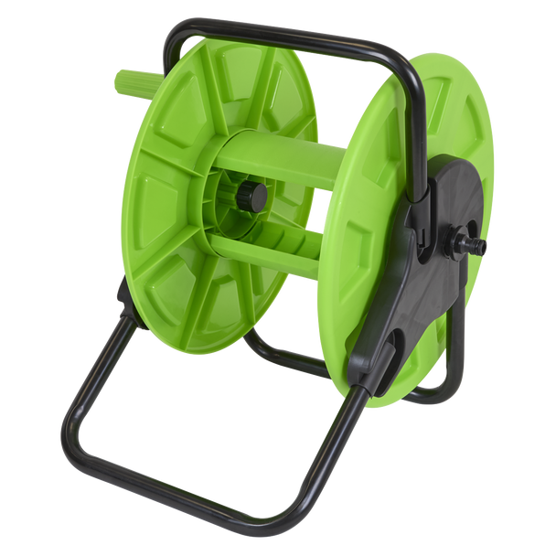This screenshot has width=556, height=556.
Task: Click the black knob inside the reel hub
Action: point(252,195)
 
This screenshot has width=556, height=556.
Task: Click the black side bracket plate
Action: point(430,265)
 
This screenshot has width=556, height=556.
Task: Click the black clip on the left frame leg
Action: point(119,294)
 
